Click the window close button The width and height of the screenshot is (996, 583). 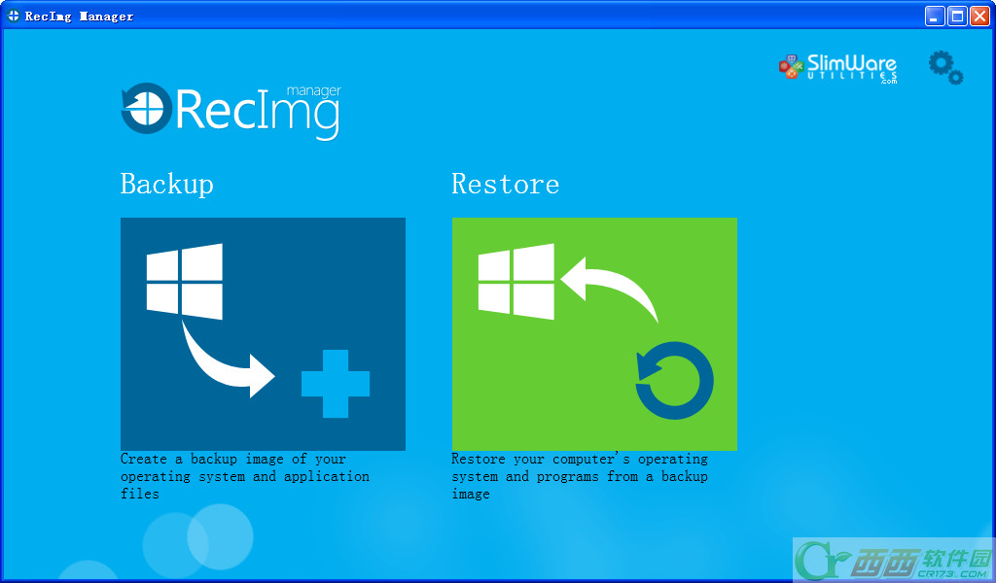(x=980, y=16)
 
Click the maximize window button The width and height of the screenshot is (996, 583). (x=957, y=16)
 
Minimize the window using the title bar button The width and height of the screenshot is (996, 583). (x=935, y=16)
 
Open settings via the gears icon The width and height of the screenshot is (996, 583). (x=945, y=67)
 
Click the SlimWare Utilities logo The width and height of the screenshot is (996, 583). (x=837, y=68)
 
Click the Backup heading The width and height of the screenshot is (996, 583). (x=167, y=185)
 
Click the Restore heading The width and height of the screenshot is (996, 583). (x=506, y=184)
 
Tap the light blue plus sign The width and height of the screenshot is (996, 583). (x=336, y=384)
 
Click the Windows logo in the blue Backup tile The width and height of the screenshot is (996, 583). (x=184, y=281)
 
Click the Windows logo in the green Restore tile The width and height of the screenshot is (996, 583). (x=516, y=281)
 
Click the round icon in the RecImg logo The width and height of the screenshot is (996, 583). (x=147, y=108)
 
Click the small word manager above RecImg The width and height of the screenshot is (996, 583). (x=314, y=91)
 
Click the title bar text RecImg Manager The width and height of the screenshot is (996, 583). (x=80, y=17)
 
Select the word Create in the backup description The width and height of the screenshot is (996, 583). (x=144, y=459)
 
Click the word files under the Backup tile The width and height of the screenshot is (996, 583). (x=140, y=494)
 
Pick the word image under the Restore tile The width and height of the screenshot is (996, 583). (x=471, y=495)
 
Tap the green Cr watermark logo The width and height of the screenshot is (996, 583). (x=823, y=560)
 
